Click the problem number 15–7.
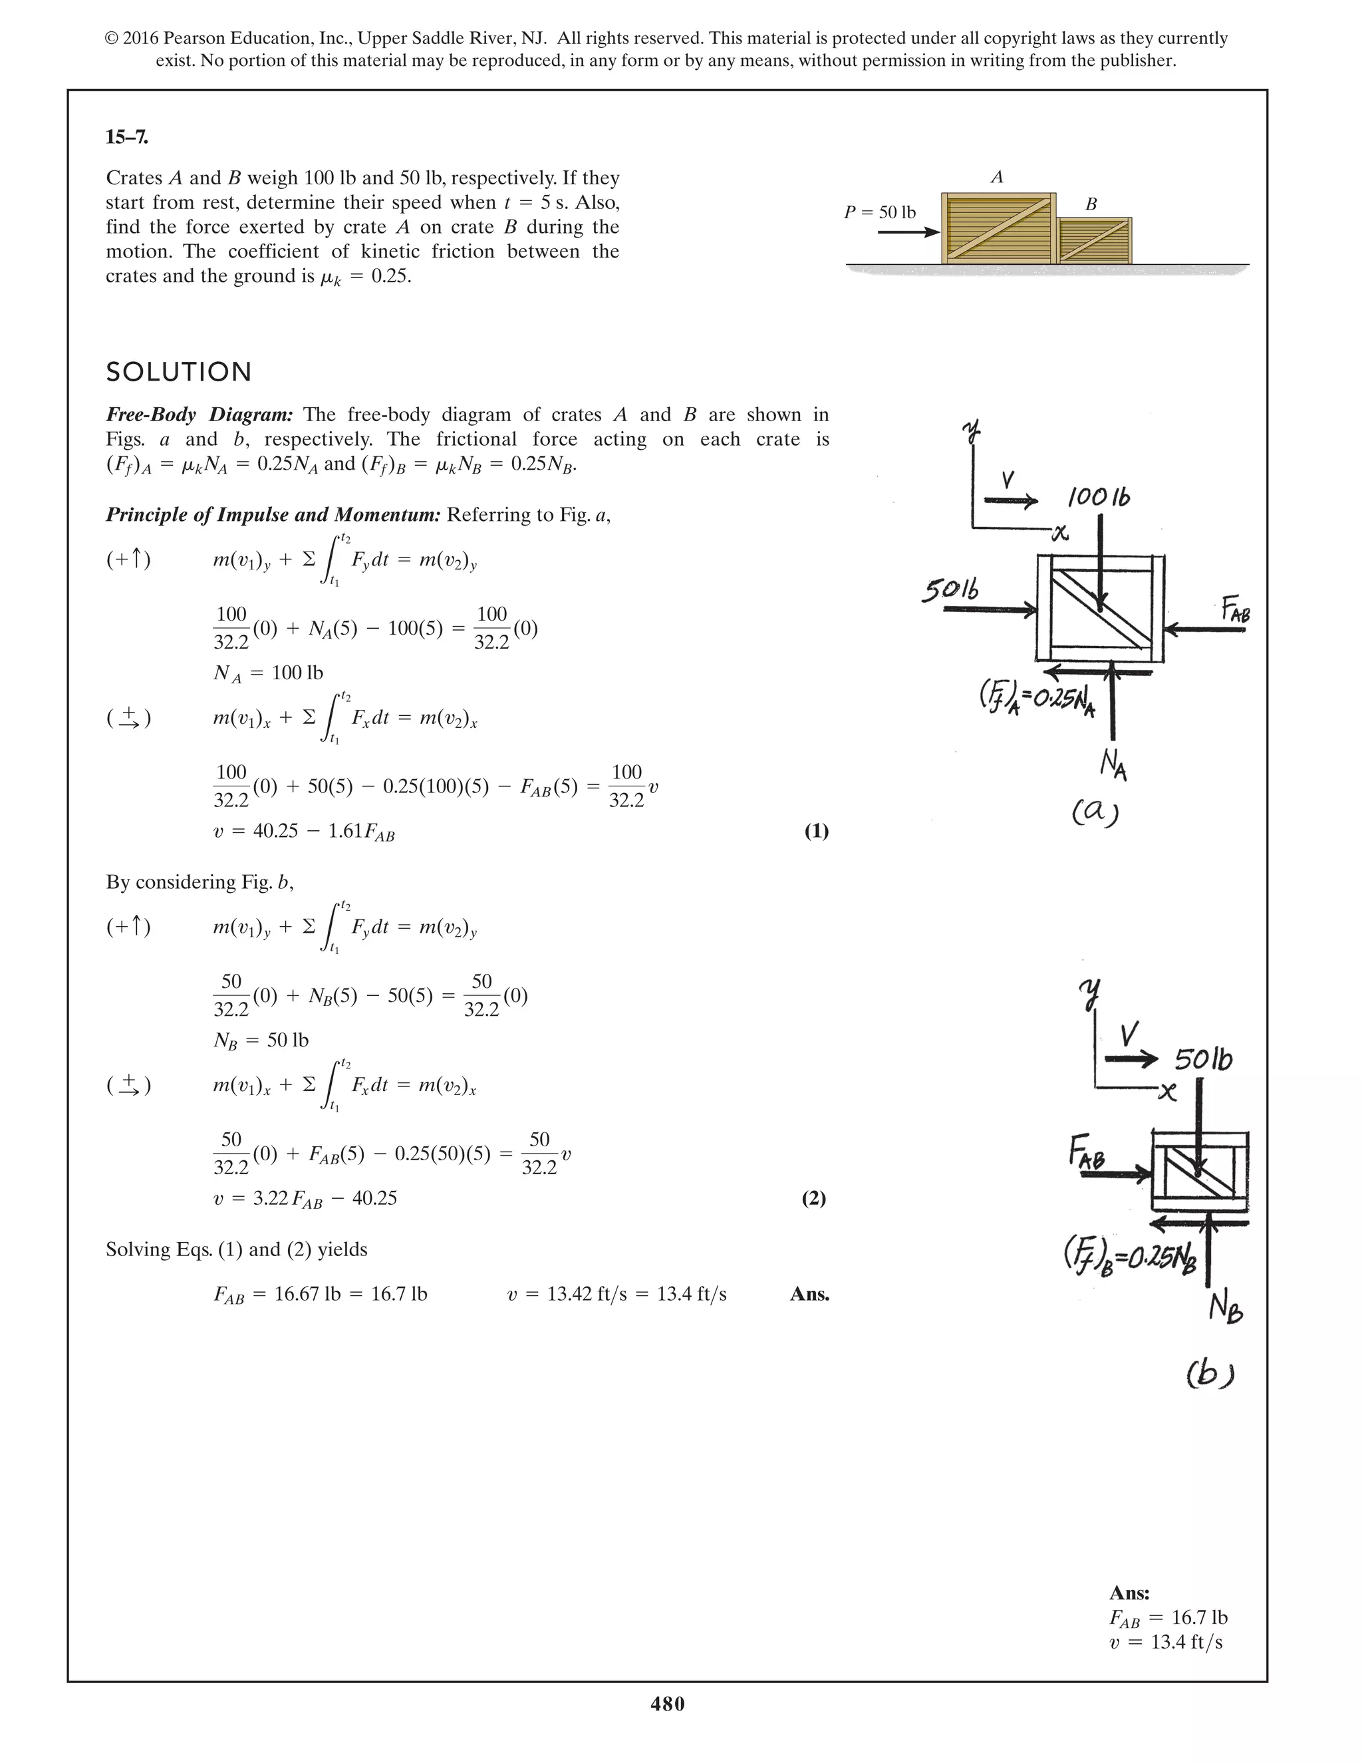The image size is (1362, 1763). [126, 137]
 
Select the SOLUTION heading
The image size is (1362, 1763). [179, 372]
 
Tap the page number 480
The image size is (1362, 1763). [667, 1704]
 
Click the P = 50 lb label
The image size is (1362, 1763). [879, 212]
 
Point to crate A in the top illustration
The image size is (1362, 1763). [999, 228]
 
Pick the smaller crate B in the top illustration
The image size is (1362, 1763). [1093, 240]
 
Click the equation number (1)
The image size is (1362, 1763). [816, 832]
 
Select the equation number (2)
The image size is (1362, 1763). [813, 1198]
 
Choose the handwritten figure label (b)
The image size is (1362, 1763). [1210, 1373]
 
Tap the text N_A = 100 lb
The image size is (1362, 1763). [268, 673]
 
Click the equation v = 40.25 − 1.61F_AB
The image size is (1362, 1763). [303, 832]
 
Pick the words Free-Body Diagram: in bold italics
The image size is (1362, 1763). [200, 415]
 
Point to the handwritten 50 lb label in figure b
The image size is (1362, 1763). [1203, 1058]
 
